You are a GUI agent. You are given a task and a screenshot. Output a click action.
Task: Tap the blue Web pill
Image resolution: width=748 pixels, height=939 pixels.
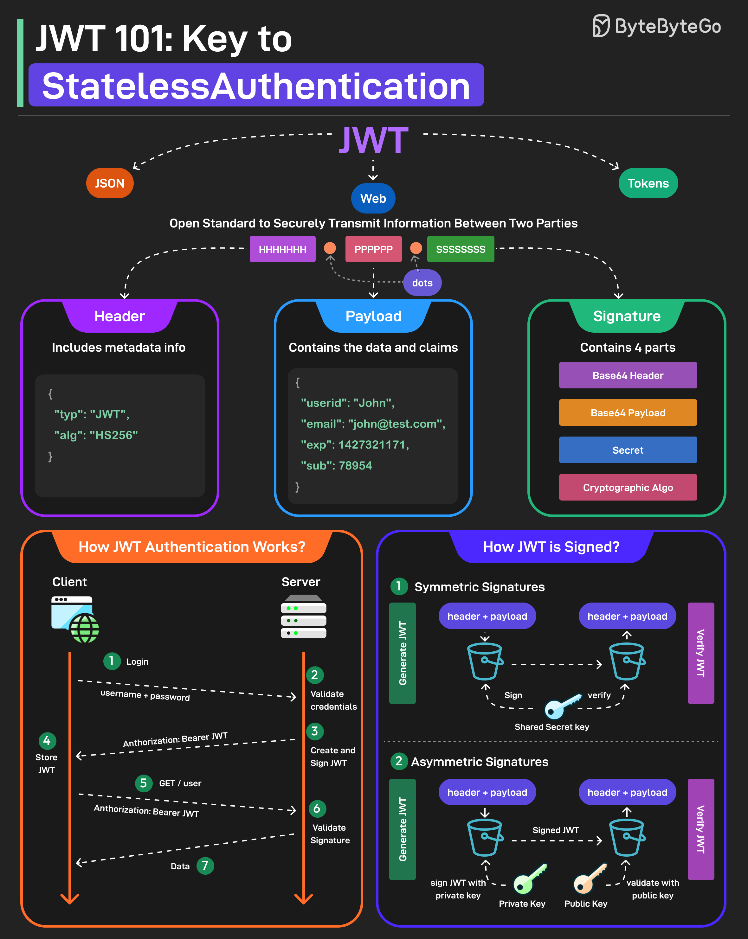(x=373, y=198)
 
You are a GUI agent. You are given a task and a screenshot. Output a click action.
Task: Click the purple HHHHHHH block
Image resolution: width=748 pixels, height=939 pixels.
(x=282, y=249)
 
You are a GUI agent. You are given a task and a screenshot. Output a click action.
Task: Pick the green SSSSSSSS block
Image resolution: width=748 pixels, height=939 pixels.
(x=461, y=249)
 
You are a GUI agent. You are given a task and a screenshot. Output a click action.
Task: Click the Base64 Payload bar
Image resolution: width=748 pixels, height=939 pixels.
(x=628, y=412)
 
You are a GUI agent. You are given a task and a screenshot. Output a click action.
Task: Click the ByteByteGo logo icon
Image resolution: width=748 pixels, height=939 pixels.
(x=601, y=26)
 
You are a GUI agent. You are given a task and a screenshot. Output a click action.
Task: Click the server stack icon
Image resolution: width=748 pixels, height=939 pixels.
(x=304, y=617)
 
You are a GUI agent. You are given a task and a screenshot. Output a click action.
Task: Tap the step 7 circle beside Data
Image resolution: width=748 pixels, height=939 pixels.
(x=205, y=866)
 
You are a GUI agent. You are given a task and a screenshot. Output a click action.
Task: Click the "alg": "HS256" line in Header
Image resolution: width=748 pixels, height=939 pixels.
(x=96, y=435)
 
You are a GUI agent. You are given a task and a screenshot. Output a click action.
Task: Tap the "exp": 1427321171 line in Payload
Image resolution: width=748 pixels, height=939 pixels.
(x=355, y=445)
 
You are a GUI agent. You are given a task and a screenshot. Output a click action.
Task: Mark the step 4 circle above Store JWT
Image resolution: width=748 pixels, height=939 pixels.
(x=47, y=740)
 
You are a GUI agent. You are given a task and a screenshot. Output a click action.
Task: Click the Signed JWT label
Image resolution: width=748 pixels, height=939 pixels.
(x=555, y=830)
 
